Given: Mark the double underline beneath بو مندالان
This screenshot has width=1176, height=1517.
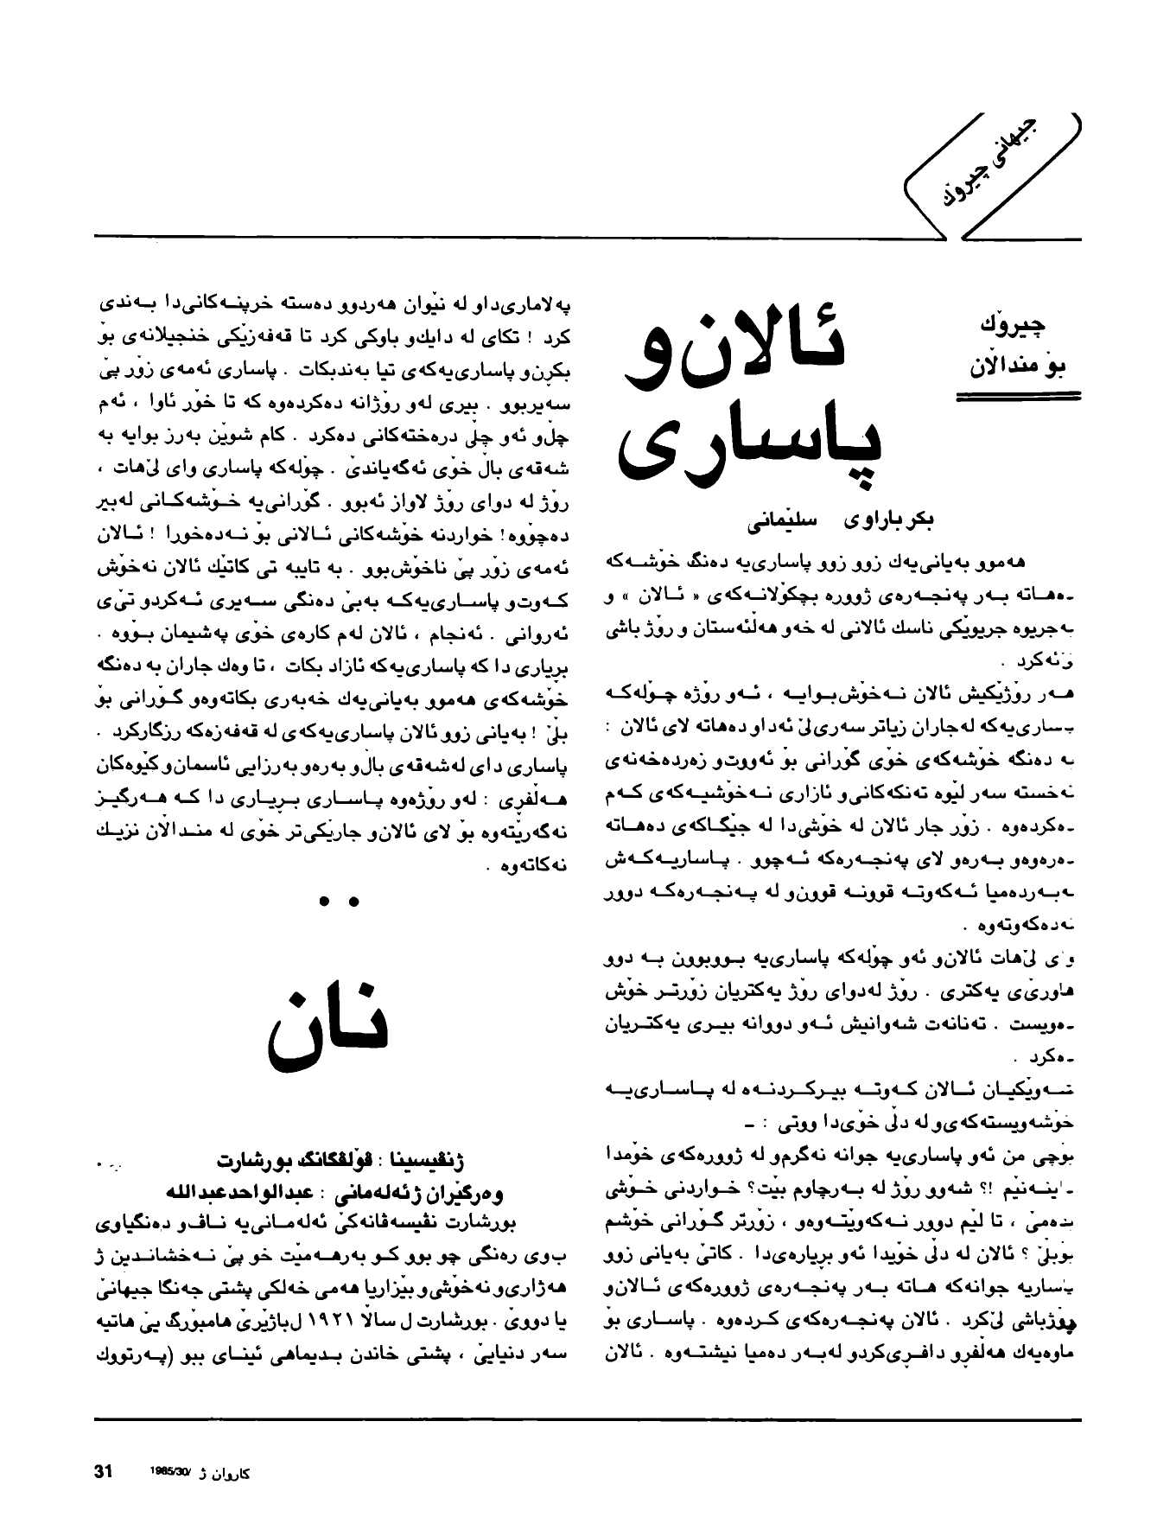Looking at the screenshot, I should point(1018,396).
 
